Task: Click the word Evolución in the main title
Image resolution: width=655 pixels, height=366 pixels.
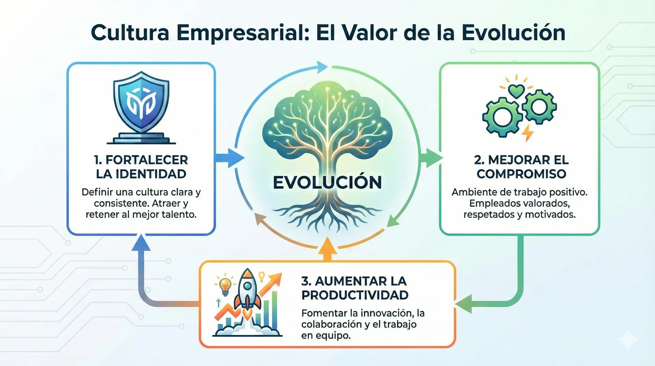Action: [x=513, y=33]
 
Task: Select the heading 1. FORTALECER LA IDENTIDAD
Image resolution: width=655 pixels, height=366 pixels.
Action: [x=141, y=167]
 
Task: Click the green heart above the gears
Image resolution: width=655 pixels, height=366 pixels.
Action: [x=516, y=91]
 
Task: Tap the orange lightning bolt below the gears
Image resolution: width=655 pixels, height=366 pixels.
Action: [x=528, y=133]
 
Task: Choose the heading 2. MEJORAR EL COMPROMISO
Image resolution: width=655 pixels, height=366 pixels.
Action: [x=521, y=167]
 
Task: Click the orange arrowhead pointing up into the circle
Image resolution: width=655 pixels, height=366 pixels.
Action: [x=327, y=246]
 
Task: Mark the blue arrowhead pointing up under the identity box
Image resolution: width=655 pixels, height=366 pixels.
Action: [x=141, y=243]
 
